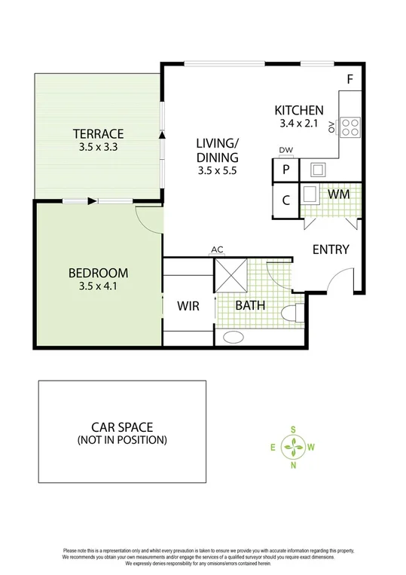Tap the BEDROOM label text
(98, 273)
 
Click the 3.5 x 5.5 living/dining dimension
(217, 172)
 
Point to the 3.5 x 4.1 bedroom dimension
(98, 286)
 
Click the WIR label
(188, 306)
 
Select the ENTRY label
(331, 249)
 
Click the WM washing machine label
(338, 194)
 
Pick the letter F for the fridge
(350, 79)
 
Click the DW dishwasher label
(285, 150)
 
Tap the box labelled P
(286, 170)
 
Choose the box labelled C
(286, 201)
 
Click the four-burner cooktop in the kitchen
(350, 127)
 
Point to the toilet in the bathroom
(292, 312)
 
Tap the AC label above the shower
(218, 250)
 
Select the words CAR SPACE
(122, 426)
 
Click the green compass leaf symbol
(292, 448)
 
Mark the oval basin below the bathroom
(234, 336)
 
